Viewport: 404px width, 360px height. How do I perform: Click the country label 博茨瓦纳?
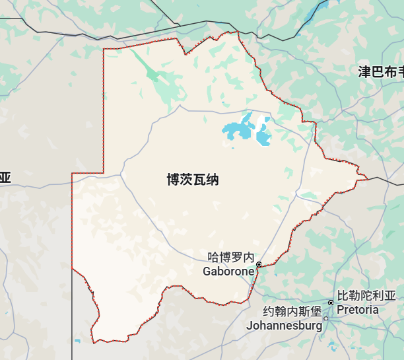coord(193,179)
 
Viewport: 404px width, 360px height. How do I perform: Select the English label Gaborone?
coord(228,271)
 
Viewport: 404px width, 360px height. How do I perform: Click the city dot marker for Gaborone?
coord(259,264)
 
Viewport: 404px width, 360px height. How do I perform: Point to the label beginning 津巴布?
coord(380,72)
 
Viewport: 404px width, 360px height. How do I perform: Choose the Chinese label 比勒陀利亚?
coord(366,296)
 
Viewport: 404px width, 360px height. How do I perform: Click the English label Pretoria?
coord(358,309)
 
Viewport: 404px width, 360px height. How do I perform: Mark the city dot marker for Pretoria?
coord(331,303)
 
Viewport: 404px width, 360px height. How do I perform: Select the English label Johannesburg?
coord(284,325)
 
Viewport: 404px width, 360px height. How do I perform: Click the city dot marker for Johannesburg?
coord(325,318)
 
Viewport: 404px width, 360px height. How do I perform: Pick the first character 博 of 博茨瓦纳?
coord(174,179)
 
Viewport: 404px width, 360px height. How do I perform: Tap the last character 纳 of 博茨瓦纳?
coord(212,179)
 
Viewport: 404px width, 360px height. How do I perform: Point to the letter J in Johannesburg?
coord(249,325)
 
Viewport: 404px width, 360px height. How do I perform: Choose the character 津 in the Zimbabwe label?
coord(364,72)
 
